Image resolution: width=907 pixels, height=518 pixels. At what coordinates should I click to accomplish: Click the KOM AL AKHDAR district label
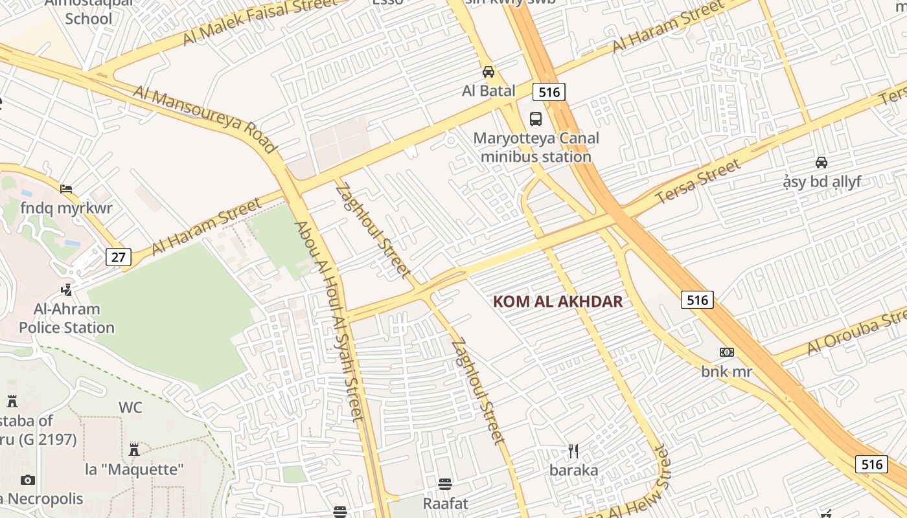[x=558, y=302]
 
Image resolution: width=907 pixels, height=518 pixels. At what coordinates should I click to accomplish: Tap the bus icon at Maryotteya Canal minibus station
[x=536, y=119]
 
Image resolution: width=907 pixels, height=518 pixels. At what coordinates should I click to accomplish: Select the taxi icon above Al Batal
[x=488, y=72]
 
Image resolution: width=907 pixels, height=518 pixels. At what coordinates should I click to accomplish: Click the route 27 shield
[x=118, y=257]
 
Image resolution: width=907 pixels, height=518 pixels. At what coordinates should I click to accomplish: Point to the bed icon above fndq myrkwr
[x=66, y=189]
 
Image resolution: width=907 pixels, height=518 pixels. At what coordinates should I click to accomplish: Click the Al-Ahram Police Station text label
[x=67, y=319]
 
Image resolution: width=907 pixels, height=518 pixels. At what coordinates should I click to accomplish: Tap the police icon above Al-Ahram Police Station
[x=66, y=289]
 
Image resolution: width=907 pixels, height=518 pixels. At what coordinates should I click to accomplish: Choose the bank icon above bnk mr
[x=726, y=352]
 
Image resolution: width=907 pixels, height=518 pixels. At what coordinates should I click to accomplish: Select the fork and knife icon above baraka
[x=573, y=451]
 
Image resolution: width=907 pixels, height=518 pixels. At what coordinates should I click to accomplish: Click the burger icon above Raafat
[x=444, y=484]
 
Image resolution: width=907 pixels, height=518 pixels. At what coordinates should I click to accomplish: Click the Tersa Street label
[x=698, y=181]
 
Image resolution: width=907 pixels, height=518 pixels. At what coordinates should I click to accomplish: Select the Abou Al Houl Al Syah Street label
[x=330, y=321]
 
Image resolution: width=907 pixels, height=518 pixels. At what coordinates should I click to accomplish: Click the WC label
[x=130, y=408]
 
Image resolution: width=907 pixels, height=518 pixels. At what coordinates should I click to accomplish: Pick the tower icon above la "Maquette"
[x=134, y=449]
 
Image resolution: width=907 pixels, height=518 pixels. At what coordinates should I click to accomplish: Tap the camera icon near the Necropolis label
[x=27, y=480]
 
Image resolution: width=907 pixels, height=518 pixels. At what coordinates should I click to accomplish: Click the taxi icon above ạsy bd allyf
[x=821, y=162]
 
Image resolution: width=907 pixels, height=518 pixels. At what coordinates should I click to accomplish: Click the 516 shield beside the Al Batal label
[x=549, y=92]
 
